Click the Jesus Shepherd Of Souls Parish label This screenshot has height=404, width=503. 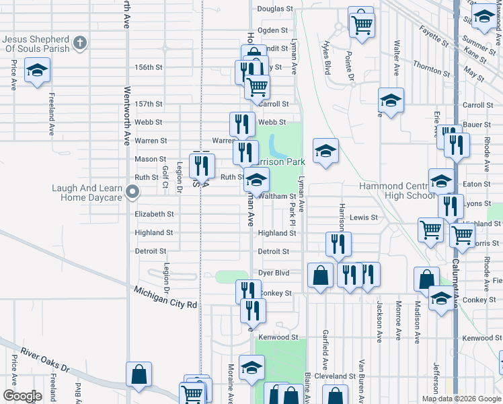[38, 44]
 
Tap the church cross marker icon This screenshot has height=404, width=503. [79, 44]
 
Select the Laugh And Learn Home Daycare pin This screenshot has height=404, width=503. [133, 193]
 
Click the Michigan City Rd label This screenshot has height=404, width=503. [165, 296]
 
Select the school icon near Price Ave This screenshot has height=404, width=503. [37, 69]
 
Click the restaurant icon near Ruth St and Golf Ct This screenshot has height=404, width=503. [202, 164]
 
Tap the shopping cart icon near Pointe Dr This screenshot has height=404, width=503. [362, 24]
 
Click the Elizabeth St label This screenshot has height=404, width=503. [155, 214]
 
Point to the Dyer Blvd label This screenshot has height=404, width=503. [274, 273]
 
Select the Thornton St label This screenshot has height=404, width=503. [431, 68]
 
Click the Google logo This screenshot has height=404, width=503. [22, 396]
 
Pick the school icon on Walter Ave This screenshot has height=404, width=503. [390, 100]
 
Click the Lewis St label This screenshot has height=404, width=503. [364, 218]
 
